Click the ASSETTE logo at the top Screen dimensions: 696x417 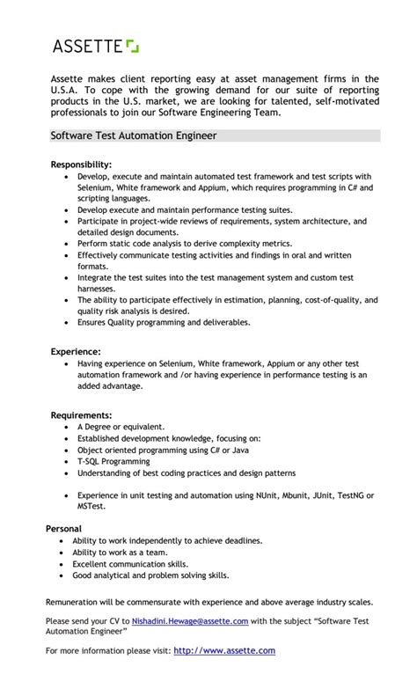click(89, 46)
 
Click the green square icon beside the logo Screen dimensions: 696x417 click(132, 45)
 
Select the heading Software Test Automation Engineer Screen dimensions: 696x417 click(133, 136)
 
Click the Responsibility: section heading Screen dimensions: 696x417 click(81, 165)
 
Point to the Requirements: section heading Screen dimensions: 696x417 click(81, 414)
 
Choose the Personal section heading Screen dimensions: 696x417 click(64, 528)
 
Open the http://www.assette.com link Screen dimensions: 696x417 click(224, 650)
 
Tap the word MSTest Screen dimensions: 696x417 click(91, 506)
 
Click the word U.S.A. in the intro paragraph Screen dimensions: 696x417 click(66, 90)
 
